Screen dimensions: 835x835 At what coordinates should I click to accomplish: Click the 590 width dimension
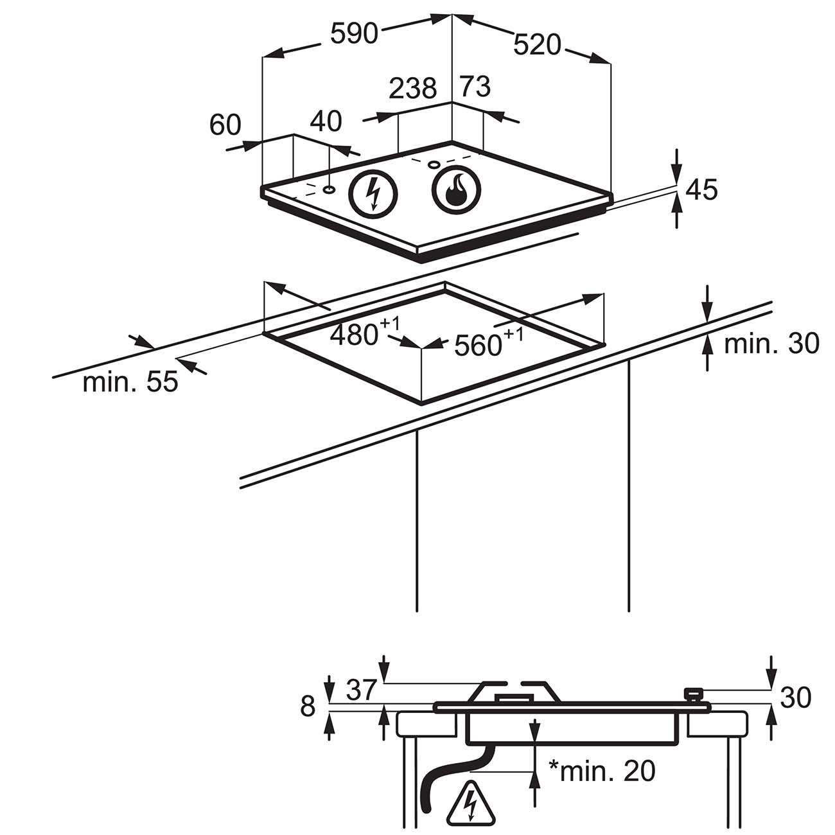(x=354, y=33)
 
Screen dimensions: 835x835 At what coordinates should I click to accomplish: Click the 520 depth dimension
(x=537, y=44)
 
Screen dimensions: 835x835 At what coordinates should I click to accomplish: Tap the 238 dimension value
(x=412, y=89)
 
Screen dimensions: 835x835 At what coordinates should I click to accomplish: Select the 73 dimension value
(x=475, y=86)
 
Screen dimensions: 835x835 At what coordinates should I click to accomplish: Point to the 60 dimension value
(x=225, y=125)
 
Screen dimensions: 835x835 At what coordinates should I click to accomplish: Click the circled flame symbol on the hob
(x=456, y=190)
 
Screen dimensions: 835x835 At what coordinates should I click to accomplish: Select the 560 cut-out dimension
(x=489, y=343)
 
